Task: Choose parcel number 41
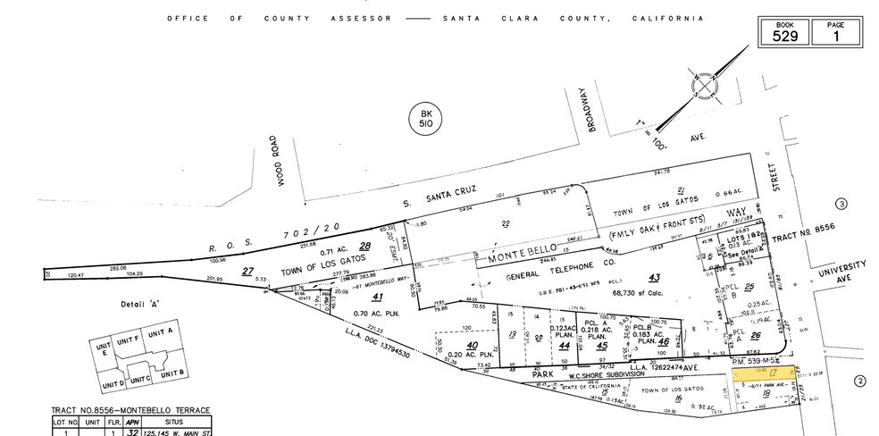pyautogui.click(x=378, y=298)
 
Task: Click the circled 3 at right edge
pyautogui.click(x=841, y=205)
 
